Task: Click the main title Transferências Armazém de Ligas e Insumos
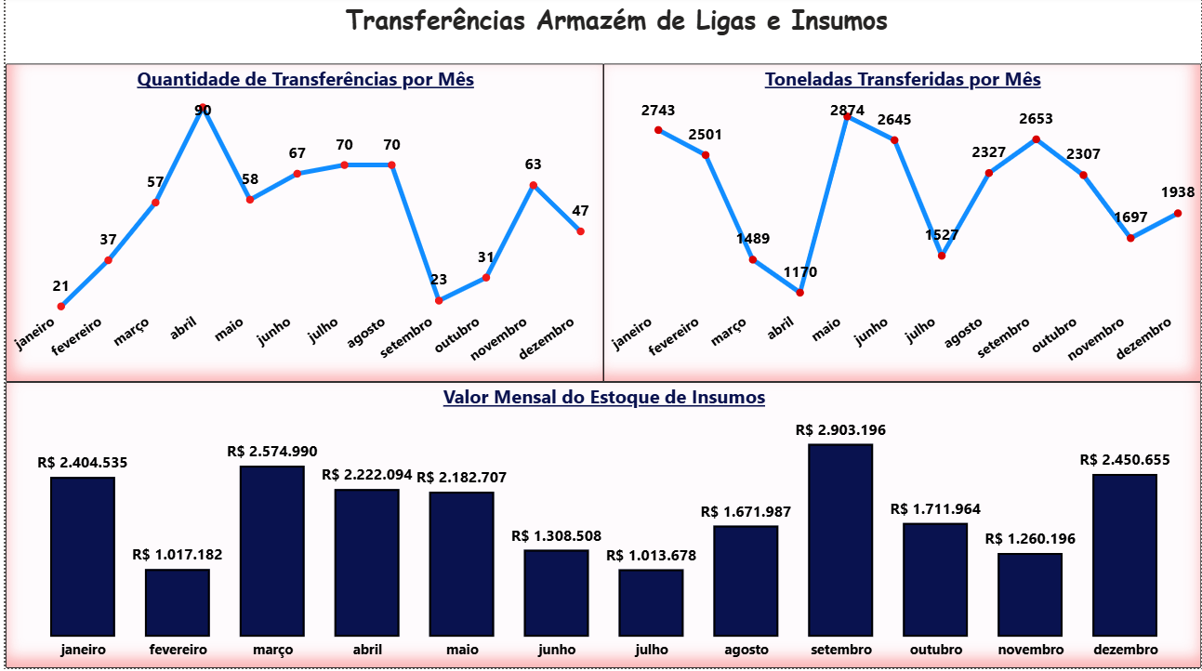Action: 616,21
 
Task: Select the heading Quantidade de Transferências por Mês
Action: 305,80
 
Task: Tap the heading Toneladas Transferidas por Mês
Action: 902,80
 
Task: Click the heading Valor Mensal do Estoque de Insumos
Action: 603,398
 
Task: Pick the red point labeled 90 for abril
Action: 203,109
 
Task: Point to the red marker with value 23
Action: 439,299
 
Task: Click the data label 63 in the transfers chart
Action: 533,164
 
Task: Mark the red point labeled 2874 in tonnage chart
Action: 846,117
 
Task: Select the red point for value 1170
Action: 799,293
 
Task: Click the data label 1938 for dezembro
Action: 1178,192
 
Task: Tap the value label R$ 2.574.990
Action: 272,452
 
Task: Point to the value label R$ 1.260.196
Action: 1030,539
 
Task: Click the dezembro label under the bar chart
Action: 1125,650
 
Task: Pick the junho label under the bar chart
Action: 556,650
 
